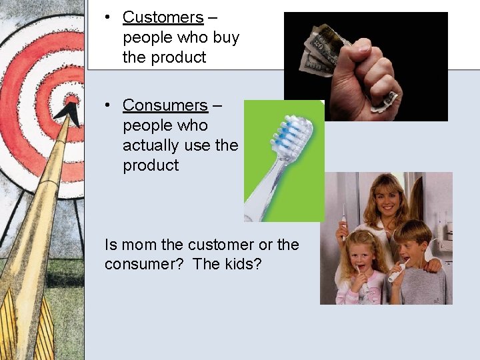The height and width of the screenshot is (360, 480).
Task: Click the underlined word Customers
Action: pyautogui.click(x=163, y=17)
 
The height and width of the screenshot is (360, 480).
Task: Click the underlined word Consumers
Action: pyautogui.click(x=165, y=105)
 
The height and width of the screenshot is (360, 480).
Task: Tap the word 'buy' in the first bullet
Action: pyautogui.click(x=226, y=37)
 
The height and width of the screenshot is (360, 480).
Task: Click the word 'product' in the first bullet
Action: pyautogui.click(x=164, y=57)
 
